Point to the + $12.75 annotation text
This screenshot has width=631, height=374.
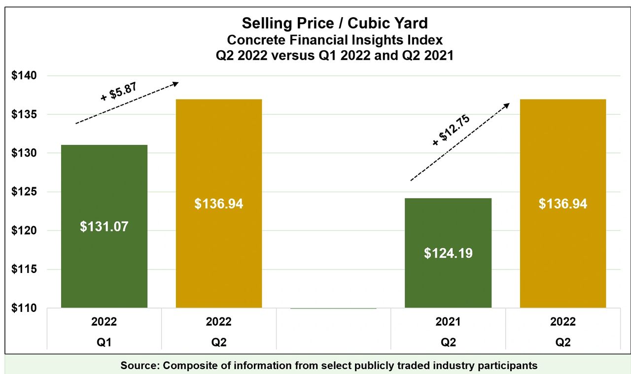[451, 130]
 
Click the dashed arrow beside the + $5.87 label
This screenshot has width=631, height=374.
[127, 103]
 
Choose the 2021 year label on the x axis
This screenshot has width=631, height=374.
[448, 322]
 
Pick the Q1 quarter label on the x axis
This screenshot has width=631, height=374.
[104, 342]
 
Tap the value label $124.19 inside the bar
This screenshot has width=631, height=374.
[448, 253]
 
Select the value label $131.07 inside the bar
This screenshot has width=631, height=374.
[104, 227]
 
